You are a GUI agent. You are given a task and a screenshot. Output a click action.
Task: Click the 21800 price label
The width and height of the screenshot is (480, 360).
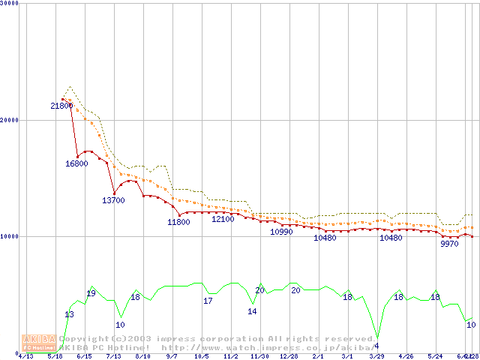pos(62,106)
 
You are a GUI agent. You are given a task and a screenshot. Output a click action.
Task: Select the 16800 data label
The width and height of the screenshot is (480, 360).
pos(77,163)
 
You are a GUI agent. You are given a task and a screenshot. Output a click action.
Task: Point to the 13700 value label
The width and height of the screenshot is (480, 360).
pos(113,200)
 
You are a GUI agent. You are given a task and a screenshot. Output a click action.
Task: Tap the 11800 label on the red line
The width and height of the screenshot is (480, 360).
pos(178,222)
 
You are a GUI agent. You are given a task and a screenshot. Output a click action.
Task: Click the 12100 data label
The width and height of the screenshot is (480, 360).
pos(223,219)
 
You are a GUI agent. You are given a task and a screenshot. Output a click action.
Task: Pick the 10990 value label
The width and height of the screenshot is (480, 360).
pos(282,232)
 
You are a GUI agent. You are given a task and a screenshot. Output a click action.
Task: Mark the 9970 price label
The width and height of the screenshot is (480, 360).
pos(449,244)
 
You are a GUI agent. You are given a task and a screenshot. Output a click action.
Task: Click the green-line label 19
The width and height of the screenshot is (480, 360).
pos(91,293)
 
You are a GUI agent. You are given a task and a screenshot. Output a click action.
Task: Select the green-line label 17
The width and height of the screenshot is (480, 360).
pos(208,301)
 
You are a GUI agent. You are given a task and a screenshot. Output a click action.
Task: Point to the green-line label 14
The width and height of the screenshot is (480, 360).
pos(252,311)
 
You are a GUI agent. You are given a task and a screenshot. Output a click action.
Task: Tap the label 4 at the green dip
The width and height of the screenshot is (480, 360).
pos(376,346)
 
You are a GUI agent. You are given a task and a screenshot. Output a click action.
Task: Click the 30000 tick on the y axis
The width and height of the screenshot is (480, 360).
pos(10,3)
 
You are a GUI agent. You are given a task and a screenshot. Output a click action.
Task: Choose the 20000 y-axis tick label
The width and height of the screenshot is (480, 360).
pos(10,120)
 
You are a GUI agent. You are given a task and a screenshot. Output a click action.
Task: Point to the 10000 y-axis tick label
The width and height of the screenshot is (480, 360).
pos(10,236)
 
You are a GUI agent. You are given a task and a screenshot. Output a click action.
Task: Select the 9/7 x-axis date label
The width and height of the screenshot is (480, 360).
pos(172,356)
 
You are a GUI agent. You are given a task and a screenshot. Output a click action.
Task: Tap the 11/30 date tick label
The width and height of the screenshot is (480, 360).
pos(259,356)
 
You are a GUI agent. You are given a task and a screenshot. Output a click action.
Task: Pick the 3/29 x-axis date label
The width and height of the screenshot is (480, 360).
pos(376,356)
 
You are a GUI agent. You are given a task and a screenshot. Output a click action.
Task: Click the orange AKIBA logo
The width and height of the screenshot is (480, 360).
pos(37,342)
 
